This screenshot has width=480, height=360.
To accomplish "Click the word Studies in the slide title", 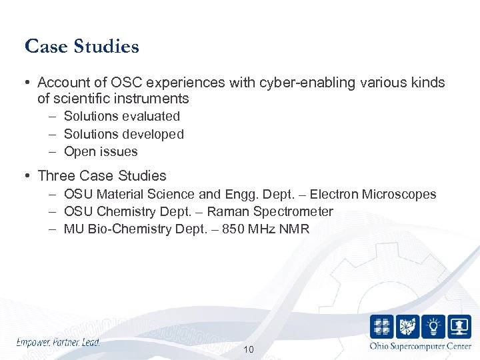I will pyautogui.click(x=107, y=47).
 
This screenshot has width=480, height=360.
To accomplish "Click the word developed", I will pyautogui.click(x=153, y=134).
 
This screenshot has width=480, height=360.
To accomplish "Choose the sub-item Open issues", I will pyautogui.click(x=101, y=152).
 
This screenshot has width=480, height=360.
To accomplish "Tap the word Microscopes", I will pyautogui.click(x=399, y=195).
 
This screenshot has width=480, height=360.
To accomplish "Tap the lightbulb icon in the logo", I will pyautogui.click(x=433, y=327).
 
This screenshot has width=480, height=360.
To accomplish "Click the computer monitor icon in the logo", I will pyautogui.click(x=459, y=327).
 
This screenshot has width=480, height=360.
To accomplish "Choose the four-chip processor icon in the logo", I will pyautogui.click(x=382, y=327).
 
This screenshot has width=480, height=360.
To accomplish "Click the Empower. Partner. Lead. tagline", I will pyautogui.click(x=58, y=342).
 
